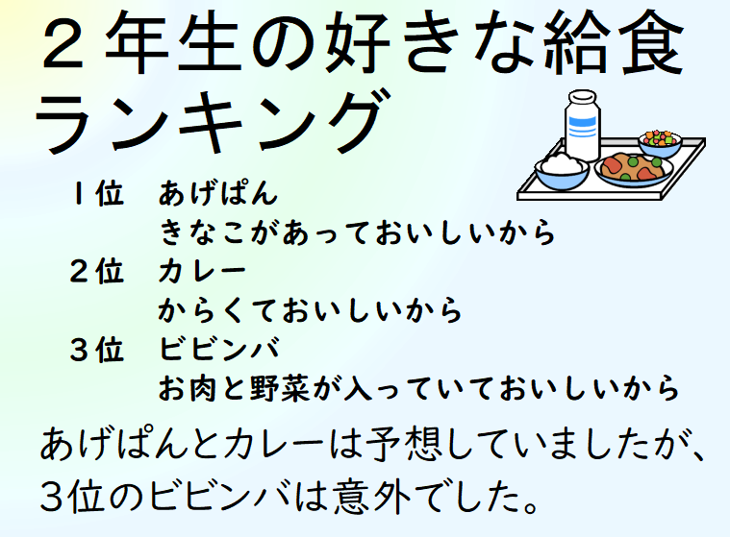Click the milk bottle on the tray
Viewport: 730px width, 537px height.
[582, 126]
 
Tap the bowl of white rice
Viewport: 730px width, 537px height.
[562, 171]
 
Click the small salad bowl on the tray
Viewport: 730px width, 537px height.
[660, 143]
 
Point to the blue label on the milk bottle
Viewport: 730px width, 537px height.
[582, 127]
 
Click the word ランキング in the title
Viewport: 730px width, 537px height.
[213, 121]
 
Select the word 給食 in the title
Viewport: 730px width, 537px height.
[613, 43]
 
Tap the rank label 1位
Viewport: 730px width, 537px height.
[98, 193]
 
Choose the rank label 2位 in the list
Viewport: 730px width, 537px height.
[97, 271]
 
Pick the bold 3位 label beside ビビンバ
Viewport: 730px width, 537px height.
[97, 349]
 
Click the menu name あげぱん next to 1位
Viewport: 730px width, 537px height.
[218, 193]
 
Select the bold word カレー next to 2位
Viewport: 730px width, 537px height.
[202, 271]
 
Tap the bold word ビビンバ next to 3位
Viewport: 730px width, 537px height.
[219, 349]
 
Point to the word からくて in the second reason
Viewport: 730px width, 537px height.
[218, 310]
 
